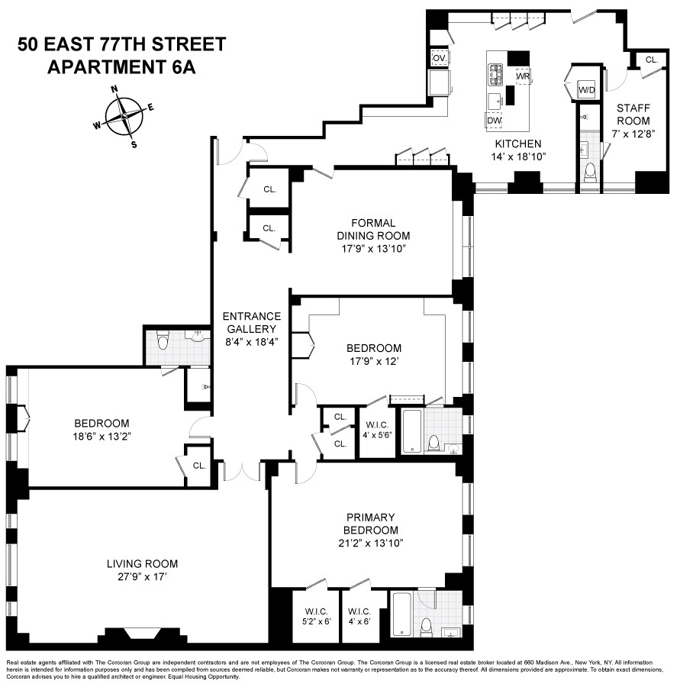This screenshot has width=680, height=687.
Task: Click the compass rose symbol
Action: (123, 117)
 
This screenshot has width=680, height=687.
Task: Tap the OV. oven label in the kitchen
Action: (439, 58)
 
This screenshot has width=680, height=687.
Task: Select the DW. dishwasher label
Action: (494, 120)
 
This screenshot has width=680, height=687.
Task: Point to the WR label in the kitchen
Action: (523, 77)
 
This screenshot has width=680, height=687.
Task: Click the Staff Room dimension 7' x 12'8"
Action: (633, 134)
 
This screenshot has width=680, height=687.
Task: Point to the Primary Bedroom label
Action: (370, 524)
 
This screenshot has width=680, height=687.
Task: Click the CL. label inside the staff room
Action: (651, 60)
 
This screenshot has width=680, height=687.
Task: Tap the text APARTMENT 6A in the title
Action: (122, 66)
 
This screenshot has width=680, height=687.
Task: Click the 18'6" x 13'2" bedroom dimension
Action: (102, 437)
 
